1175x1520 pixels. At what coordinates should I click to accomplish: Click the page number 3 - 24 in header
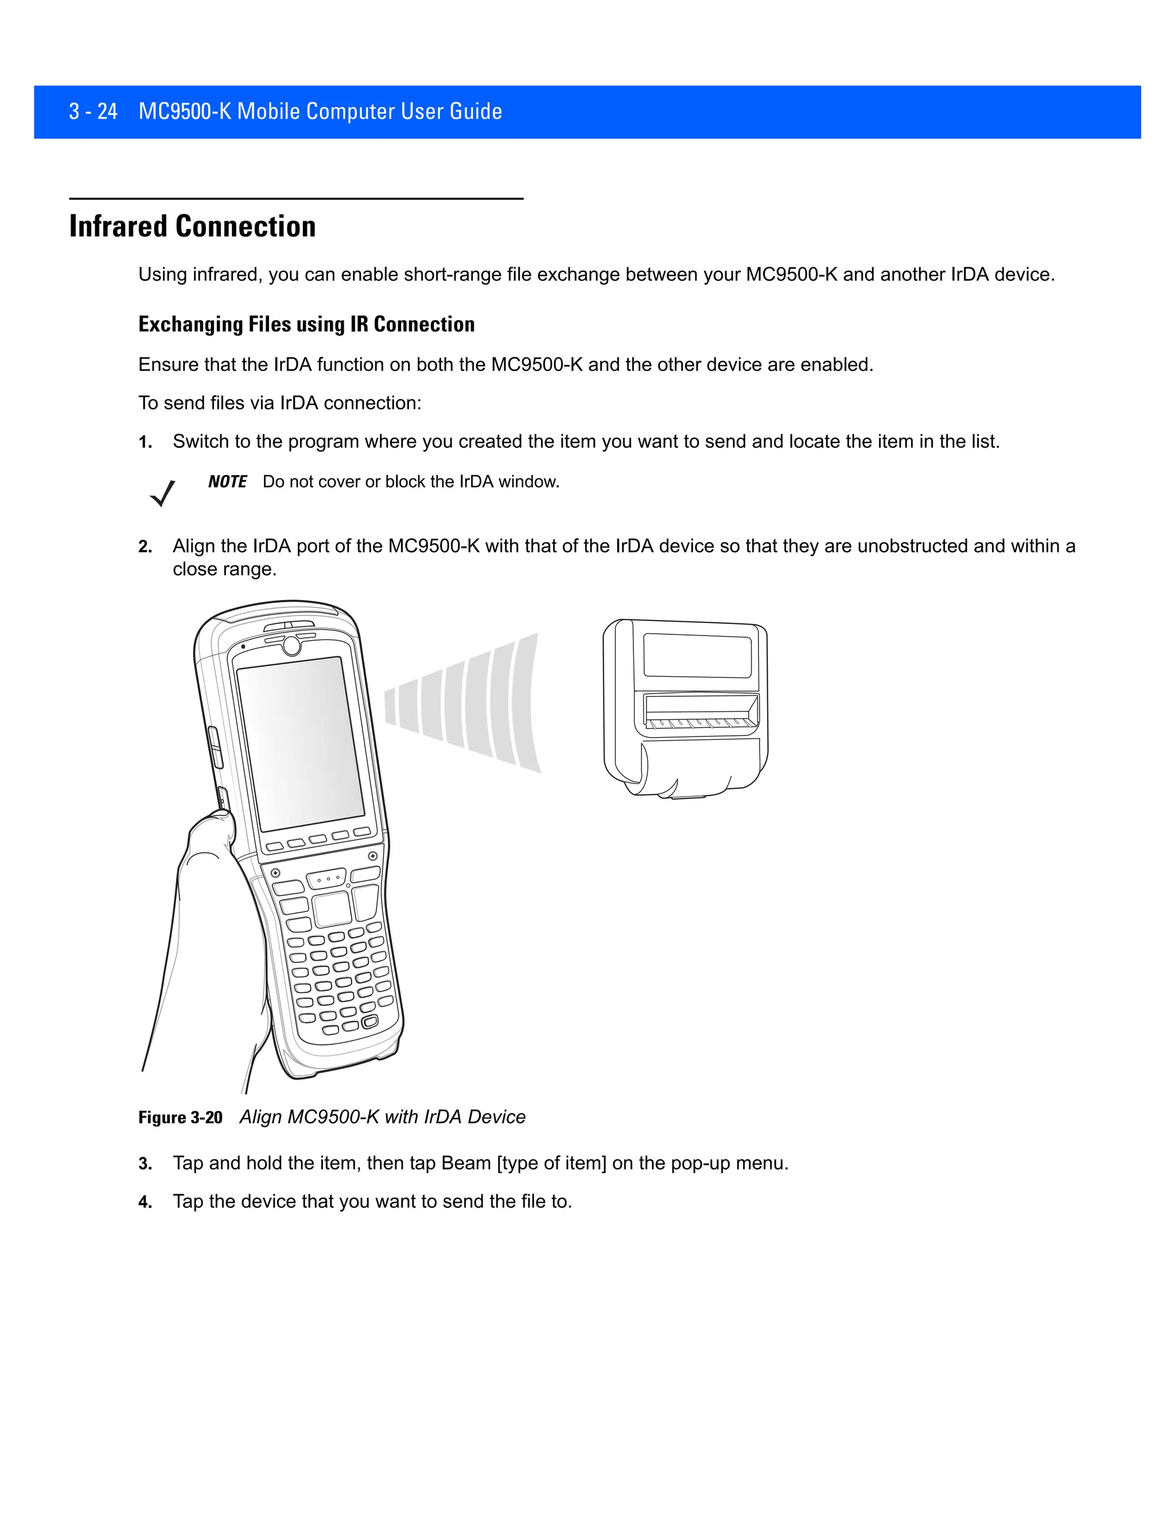pyautogui.click(x=94, y=111)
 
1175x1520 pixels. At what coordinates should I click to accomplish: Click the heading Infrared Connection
pyautogui.click(x=192, y=227)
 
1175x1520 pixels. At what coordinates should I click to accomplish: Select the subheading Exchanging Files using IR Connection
pyautogui.click(x=306, y=324)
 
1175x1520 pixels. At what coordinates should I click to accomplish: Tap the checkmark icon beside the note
pyautogui.click(x=162, y=493)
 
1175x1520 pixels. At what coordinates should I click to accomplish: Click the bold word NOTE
pyautogui.click(x=227, y=482)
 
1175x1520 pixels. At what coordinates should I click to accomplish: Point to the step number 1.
pyautogui.click(x=145, y=443)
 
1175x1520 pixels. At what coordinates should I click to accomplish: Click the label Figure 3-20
pyautogui.click(x=180, y=1118)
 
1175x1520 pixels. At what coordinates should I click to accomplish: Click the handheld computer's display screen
pyautogui.click(x=301, y=743)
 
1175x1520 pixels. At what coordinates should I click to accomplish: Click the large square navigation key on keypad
pyautogui.click(x=333, y=908)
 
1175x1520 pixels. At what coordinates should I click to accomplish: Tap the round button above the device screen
pyautogui.click(x=291, y=647)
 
